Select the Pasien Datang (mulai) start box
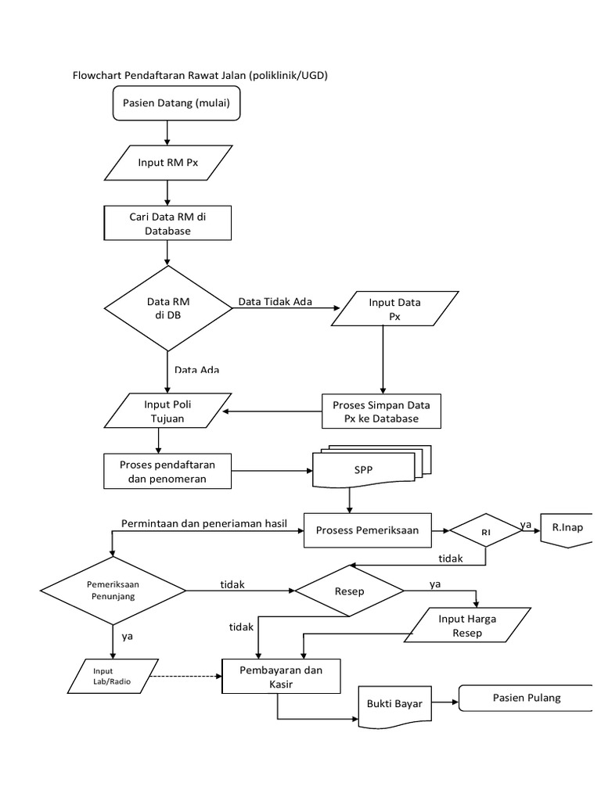point(176,102)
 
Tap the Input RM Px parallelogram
point(168,163)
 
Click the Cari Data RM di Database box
point(167,223)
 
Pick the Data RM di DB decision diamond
point(167,308)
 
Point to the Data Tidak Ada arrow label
point(275,302)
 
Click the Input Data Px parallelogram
point(394,309)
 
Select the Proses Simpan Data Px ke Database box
point(381,411)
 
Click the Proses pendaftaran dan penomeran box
point(167,471)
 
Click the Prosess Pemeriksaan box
point(367,530)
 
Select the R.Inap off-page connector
point(566,530)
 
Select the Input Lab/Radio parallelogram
point(113,675)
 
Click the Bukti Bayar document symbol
point(394,705)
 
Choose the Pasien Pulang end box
point(526,698)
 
